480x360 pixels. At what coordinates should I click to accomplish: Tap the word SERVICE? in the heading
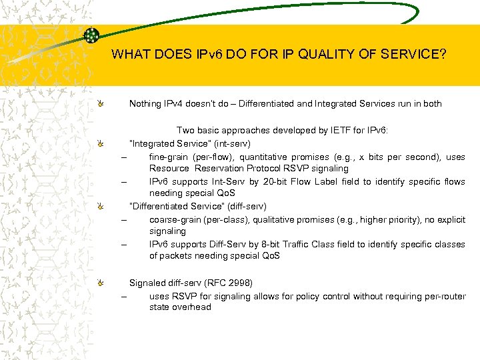coord(413,55)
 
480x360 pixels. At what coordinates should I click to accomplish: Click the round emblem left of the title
coord(92,35)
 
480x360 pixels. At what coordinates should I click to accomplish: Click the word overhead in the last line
coord(193,307)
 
